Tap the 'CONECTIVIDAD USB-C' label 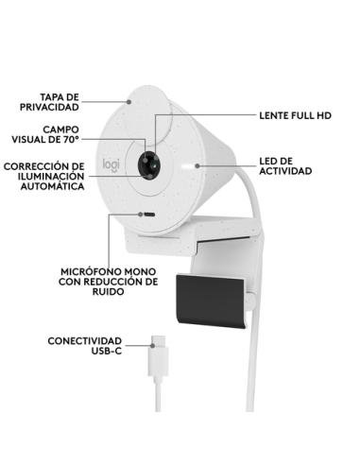(84, 346)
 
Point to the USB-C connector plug (155, 359)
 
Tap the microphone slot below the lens (149, 214)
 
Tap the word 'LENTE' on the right (273, 114)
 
